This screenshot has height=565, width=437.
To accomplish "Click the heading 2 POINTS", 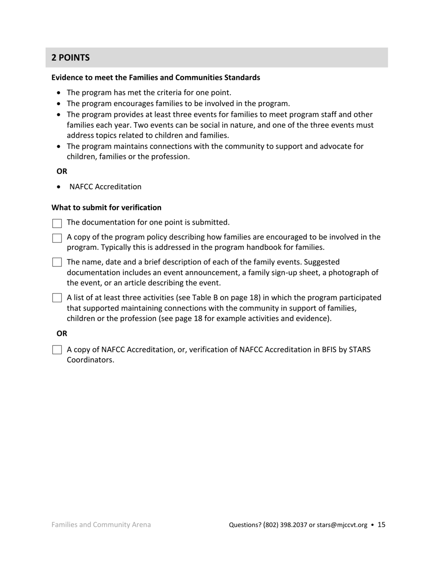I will [70, 58].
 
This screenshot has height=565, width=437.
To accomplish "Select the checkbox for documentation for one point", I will [57, 224].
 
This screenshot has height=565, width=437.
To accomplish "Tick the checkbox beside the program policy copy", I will [57, 238].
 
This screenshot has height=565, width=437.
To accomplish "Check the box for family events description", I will [57, 263].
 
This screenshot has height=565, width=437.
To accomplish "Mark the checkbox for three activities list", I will [57, 298].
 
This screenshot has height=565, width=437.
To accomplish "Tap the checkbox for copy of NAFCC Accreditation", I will [57, 350].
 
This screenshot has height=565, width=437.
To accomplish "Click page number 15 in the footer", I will [381, 525].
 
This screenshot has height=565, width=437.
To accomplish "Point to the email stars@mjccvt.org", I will [342, 525].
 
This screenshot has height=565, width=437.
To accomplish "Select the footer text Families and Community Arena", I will [101, 525].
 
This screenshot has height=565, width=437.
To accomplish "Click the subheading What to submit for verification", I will [106, 208].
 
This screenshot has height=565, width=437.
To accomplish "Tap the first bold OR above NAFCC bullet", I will [62, 171].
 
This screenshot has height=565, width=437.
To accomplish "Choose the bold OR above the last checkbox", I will [62, 334].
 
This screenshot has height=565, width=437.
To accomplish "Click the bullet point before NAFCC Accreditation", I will [58, 187].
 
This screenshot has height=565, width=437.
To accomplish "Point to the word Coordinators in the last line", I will [90, 360].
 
